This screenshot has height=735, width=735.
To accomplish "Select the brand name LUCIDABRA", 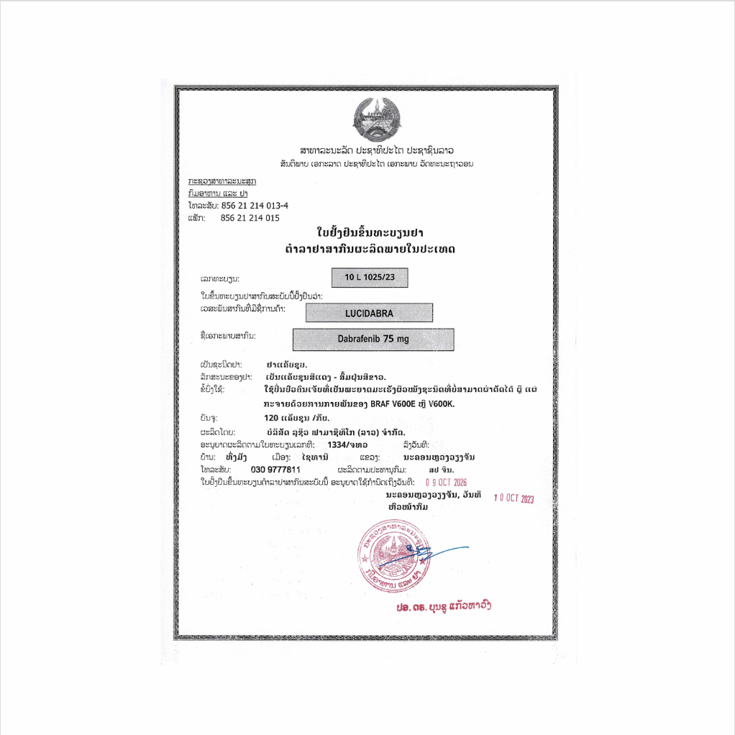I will (x=369, y=313).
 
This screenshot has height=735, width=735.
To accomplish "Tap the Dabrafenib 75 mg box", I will (x=373, y=339).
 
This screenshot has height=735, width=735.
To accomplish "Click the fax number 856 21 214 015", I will (x=250, y=217).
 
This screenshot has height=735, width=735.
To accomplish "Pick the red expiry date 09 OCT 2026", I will (x=447, y=483).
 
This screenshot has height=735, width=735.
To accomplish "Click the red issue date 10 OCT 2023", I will (x=514, y=498).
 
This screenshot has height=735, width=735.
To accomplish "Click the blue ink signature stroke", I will (x=439, y=552).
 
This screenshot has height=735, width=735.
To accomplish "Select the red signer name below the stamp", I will (x=444, y=607).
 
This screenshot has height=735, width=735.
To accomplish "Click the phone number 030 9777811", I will (x=275, y=470).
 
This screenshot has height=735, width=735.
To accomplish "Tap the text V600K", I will (x=442, y=403).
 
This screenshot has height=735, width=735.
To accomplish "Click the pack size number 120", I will (x=272, y=417).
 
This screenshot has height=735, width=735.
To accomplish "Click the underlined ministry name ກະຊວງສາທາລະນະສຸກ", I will (x=222, y=182).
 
